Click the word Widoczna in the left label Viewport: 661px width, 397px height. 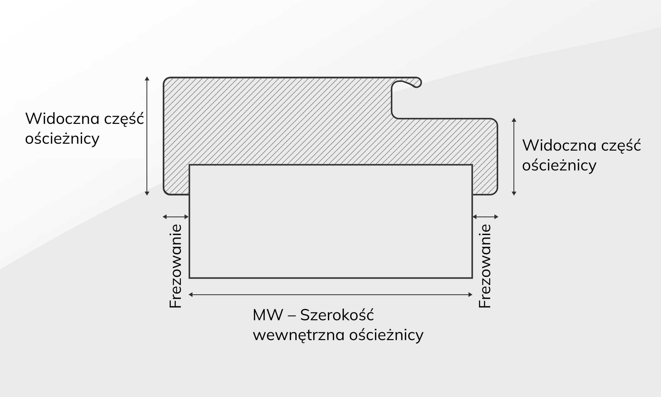62,119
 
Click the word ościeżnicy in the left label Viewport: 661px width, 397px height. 62,139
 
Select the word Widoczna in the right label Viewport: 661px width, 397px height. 559,145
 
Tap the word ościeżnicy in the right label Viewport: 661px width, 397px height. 559,166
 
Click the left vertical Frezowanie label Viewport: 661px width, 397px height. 176,266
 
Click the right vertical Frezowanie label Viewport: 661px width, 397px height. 485,266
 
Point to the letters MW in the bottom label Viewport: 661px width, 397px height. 268,315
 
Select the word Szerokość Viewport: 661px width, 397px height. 337,315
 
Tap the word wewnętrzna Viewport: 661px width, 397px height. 299,335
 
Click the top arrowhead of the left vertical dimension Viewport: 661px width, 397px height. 147,79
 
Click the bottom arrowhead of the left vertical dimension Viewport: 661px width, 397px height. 147,193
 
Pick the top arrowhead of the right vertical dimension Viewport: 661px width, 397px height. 514,120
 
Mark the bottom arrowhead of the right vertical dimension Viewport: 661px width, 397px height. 514,193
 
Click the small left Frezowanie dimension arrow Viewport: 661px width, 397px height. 176,217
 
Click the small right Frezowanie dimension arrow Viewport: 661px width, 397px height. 485,217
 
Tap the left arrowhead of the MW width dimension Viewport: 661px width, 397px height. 190,295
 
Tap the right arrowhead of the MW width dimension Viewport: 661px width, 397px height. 471,295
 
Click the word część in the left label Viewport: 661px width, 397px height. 124,119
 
